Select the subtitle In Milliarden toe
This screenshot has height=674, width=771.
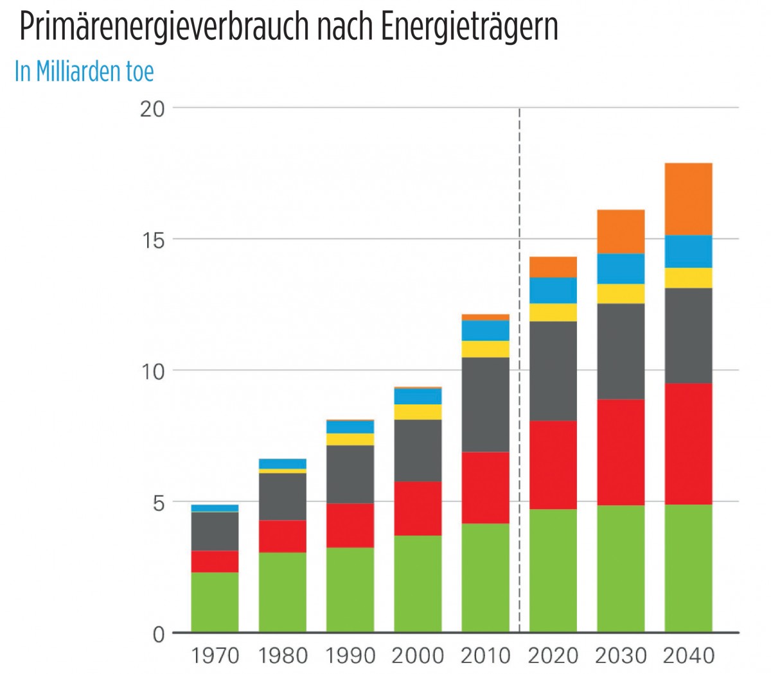(x=84, y=71)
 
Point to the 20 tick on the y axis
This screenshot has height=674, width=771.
(x=152, y=108)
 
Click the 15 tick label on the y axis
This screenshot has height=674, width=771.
(x=152, y=240)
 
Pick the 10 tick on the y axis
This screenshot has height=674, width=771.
(x=152, y=372)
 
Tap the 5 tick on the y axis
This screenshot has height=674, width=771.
(x=157, y=503)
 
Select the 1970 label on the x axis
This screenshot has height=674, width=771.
(x=215, y=656)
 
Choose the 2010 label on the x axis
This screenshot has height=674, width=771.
(x=485, y=656)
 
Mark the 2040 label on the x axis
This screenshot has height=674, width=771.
(x=688, y=656)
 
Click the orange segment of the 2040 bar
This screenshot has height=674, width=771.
(x=688, y=199)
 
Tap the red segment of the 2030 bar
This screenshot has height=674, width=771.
(x=621, y=452)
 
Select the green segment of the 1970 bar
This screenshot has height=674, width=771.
(x=215, y=601)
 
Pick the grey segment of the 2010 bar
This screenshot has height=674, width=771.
(x=485, y=404)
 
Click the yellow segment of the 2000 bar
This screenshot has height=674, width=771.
(x=418, y=412)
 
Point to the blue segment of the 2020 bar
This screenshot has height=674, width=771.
(x=553, y=290)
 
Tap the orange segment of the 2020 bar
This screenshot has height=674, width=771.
(x=553, y=267)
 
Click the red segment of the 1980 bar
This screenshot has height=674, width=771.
(x=283, y=536)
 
